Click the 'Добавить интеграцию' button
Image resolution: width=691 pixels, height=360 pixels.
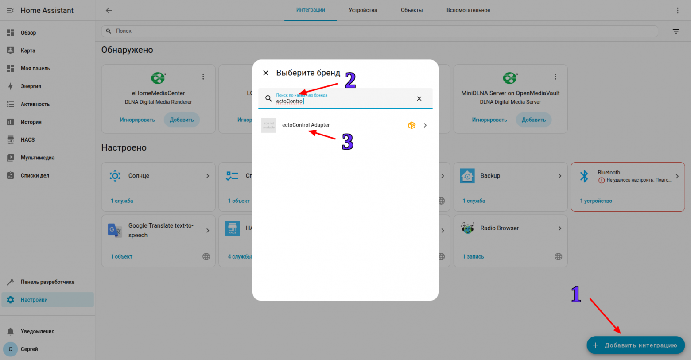coord(636,345)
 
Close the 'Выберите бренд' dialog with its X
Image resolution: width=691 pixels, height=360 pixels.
coord(266,73)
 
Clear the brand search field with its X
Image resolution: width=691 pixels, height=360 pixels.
coord(419,98)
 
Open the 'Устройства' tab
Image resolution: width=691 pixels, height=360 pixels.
coord(363,10)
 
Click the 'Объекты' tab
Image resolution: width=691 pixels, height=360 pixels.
coord(411,10)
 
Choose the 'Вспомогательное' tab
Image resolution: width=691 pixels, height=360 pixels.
coord(468,10)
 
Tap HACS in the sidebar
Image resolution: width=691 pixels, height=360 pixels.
coord(27,140)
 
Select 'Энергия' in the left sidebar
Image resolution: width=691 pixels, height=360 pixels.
coord(31,86)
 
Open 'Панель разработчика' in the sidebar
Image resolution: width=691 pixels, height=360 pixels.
coord(47,282)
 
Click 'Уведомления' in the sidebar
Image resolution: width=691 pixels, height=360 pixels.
coord(38,331)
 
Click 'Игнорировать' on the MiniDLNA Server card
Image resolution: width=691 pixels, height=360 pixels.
coord(489,120)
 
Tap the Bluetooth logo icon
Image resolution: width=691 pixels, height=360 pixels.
coord(584,176)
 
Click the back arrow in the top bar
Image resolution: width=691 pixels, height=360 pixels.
coord(109,10)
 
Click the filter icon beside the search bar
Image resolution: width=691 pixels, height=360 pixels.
coord(676,31)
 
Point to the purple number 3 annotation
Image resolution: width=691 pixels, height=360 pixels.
coord(348,142)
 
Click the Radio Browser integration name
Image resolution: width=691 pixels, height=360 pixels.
coord(500,228)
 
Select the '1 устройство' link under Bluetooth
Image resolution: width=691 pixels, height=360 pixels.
coord(596,201)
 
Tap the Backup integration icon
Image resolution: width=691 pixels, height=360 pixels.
coord(467,176)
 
